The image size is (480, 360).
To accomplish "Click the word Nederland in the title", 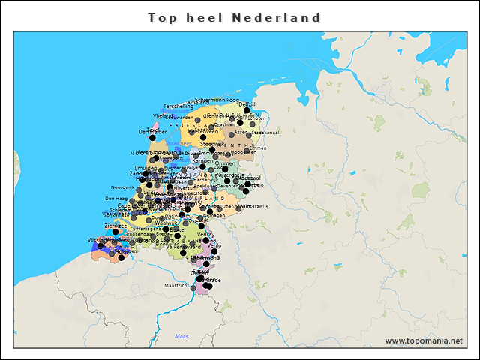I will pyautogui.click(x=277, y=17).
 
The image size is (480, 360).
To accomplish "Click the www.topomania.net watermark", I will pyautogui.click(x=424, y=341).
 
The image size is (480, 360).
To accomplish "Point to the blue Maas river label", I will pyautogui.click(x=181, y=336).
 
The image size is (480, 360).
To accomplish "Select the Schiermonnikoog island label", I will pyautogui.click(x=217, y=100).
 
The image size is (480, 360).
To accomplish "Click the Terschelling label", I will pyautogui.click(x=178, y=106).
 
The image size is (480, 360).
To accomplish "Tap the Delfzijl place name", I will pyautogui.click(x=247, y=104).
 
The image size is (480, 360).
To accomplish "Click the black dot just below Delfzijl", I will pyautogui.click(x=247, y=111).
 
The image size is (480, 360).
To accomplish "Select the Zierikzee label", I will pyautogui.click(x=116, y=225).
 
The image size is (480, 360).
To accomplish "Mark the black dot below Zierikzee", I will pyautogui.click(x=115, y=232).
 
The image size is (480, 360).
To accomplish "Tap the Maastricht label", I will pyautogui.click(x=176, y=286).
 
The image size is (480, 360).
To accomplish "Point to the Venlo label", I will pyautogui.click(x=214, y=245).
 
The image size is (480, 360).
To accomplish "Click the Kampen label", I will pyautogui.click(x=202, y=160).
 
